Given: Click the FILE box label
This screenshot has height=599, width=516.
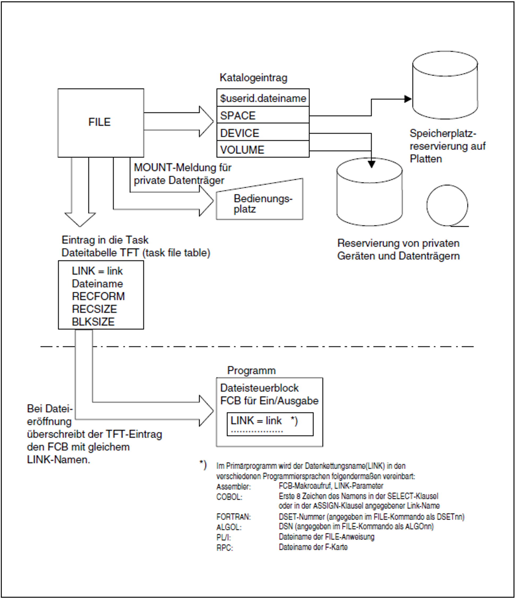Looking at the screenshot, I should [99, 122].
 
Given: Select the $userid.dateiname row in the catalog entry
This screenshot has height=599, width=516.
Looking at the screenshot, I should [263, 98].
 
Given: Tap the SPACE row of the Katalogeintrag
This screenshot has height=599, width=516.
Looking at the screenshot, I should [263, 115].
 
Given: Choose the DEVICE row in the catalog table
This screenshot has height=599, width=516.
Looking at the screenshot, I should [263, 133].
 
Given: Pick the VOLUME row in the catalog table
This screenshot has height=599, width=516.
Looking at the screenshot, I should [263, 150].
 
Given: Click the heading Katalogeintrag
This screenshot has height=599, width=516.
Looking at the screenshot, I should [253, 78].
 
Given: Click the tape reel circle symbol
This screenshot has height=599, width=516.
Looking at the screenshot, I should [447, 206].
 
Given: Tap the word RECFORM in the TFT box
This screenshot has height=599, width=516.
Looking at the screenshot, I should [98, 296].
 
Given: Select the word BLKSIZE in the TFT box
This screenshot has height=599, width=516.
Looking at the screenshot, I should [93, 322].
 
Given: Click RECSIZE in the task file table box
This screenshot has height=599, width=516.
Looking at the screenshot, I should [94, 309].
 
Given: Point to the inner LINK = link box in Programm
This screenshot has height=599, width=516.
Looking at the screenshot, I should [270, 424].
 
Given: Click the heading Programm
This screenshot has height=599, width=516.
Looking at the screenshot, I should [251, 370].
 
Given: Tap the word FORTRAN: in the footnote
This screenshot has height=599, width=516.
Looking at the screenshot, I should [233, 516].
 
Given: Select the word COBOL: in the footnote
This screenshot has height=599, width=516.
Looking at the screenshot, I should [229, 497].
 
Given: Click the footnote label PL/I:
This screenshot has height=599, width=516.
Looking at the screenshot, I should [223, 537].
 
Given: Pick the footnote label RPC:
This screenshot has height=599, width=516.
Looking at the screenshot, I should [225, 548].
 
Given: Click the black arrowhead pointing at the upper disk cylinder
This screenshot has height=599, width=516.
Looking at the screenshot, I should [407, 99].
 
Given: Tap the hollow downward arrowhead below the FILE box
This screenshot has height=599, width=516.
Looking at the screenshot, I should [80, 219].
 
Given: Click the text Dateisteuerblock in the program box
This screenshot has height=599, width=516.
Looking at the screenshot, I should [259, 388].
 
